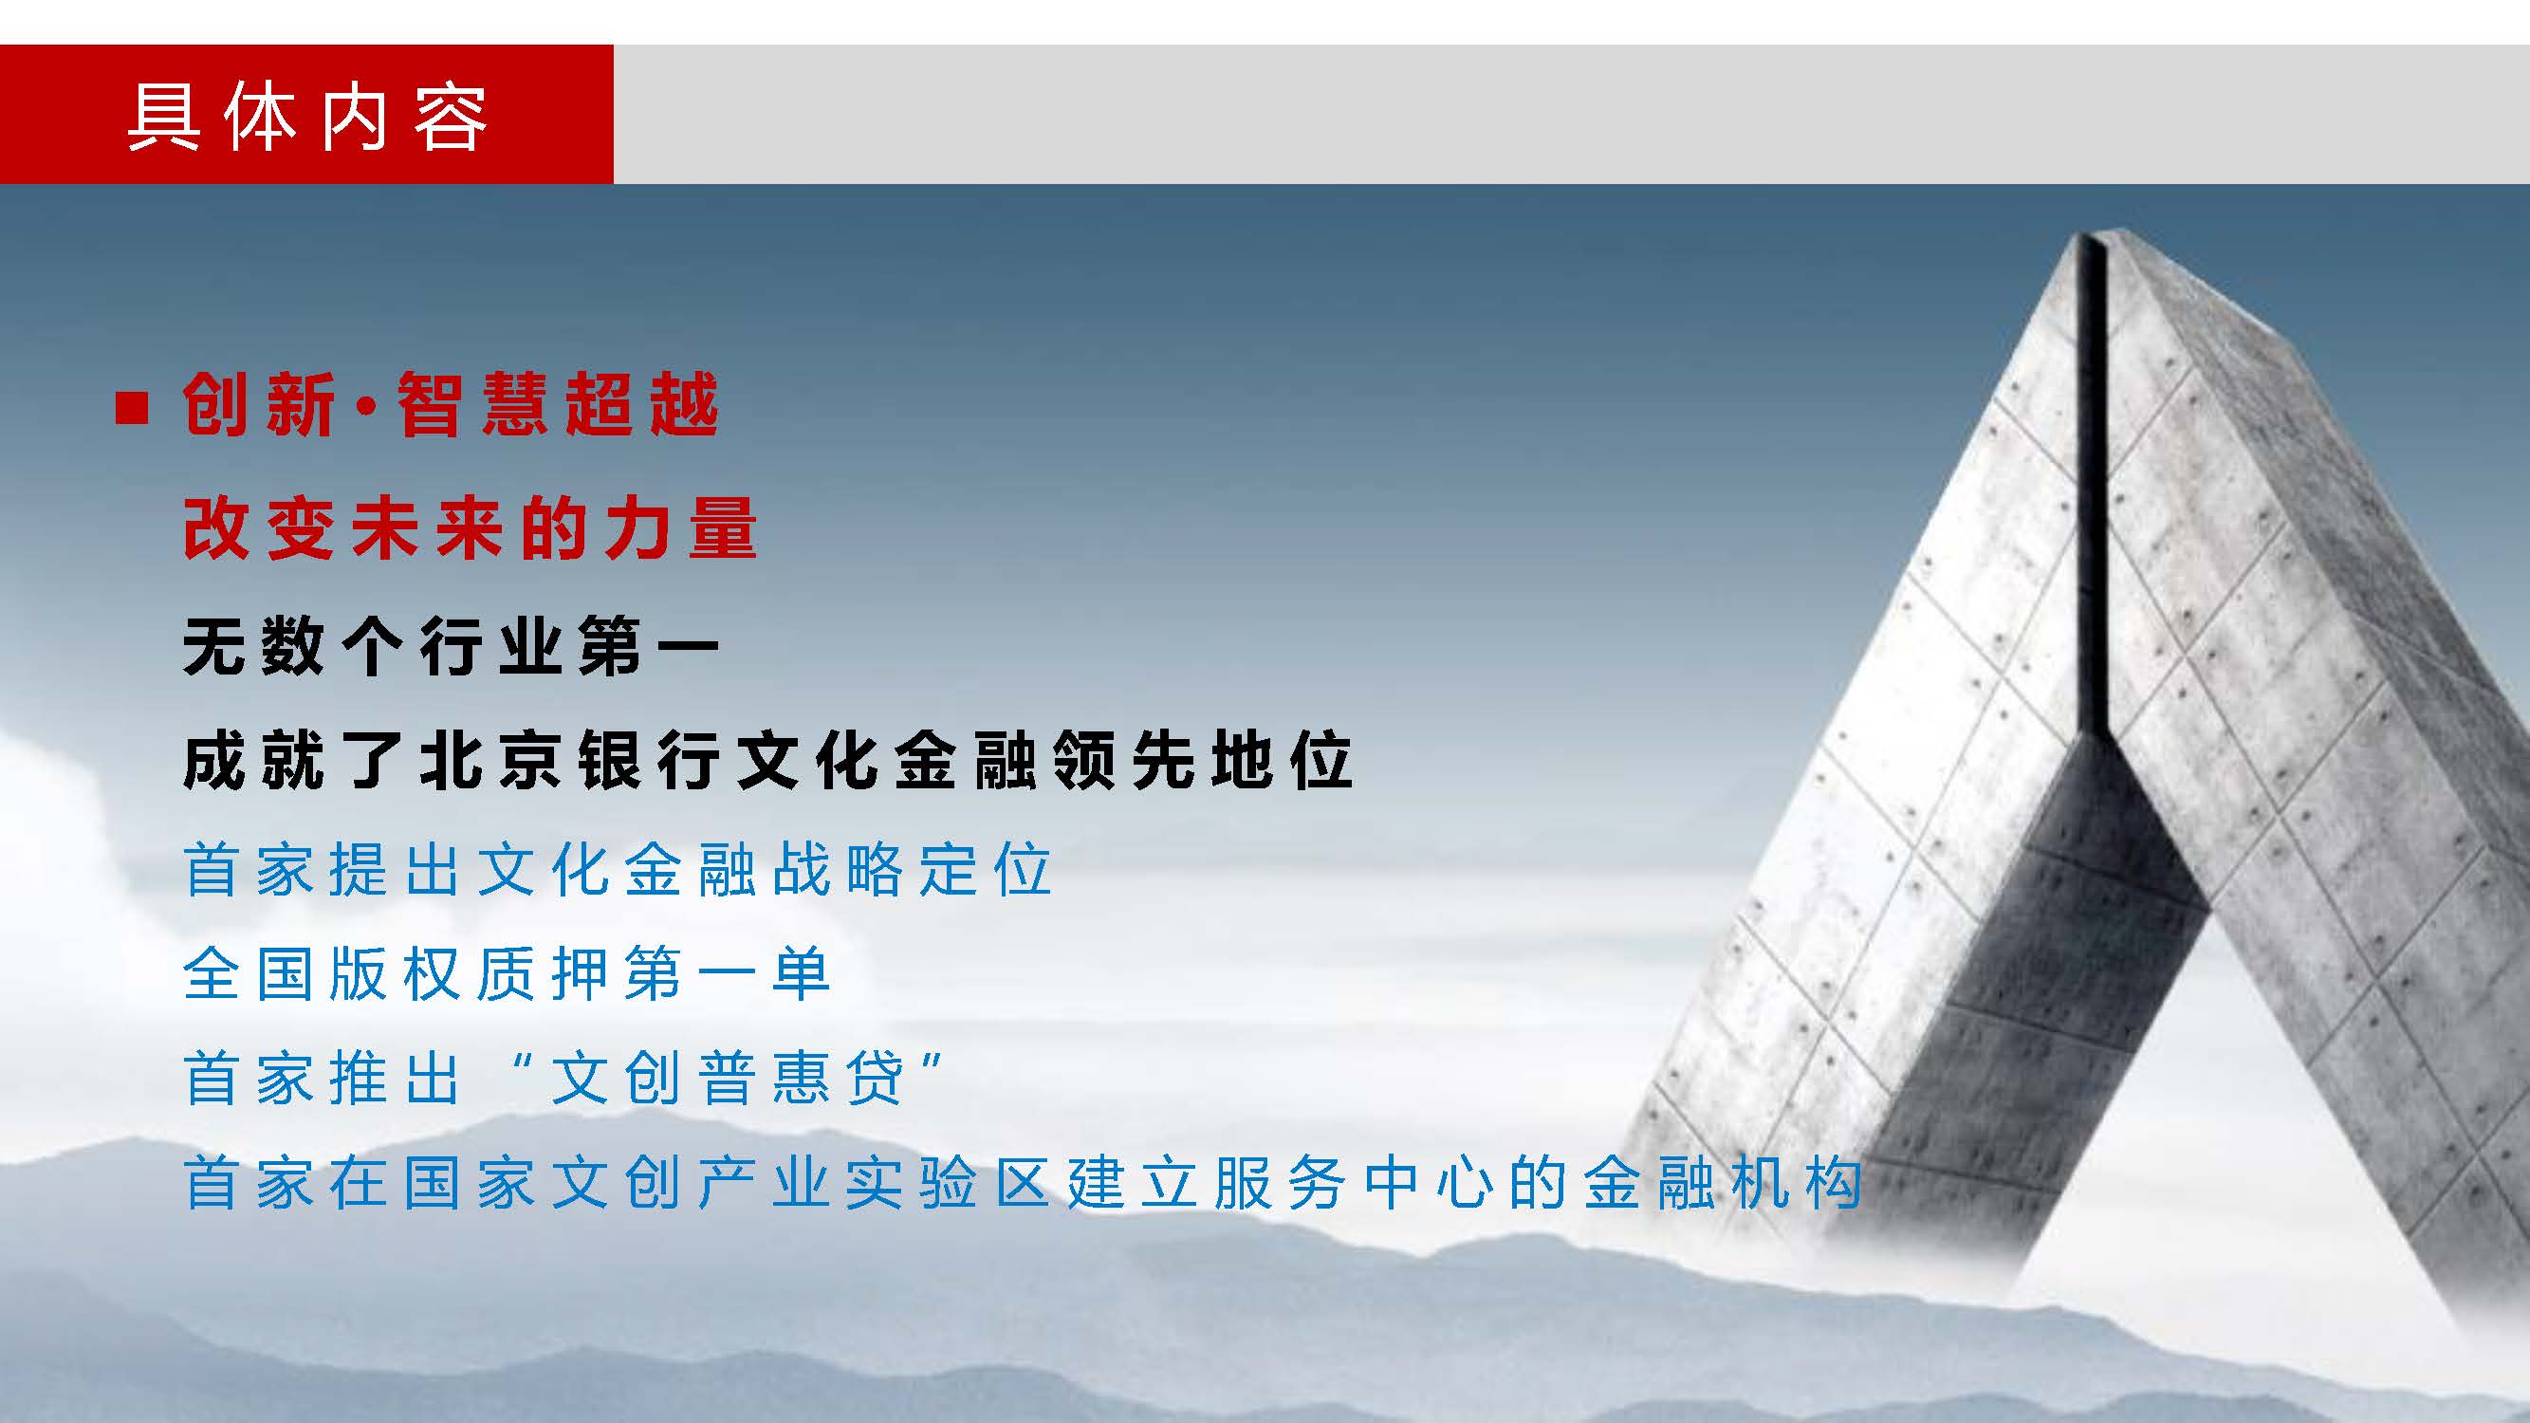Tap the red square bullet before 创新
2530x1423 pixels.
click(132, 408)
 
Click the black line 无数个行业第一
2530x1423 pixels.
click(451, 647)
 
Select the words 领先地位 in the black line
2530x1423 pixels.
click(1202, 760)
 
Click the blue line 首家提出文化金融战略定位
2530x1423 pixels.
click(618, 869)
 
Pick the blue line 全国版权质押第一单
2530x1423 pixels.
click(507, 973)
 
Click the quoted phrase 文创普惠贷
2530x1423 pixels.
click(727, 1079)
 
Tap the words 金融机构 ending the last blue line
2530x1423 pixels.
click(1723, 1182)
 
